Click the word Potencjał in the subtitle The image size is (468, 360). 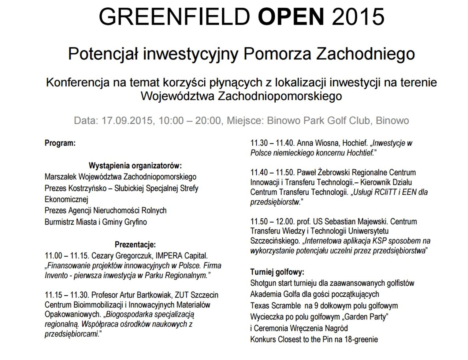click(x=104, y=54)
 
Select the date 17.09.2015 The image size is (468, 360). click(x=127, y=121)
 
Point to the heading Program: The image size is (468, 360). click(x=60, y=143)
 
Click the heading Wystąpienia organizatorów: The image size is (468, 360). click(x=135, y=166)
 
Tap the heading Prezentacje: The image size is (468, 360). click(x=135, y=245)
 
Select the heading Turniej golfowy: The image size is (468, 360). click(x=277, y=272)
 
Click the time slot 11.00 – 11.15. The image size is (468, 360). click(x=66, y=256)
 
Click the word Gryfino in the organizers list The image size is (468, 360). click(x=136, y=222)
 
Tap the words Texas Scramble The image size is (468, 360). click(x=275, y=306)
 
